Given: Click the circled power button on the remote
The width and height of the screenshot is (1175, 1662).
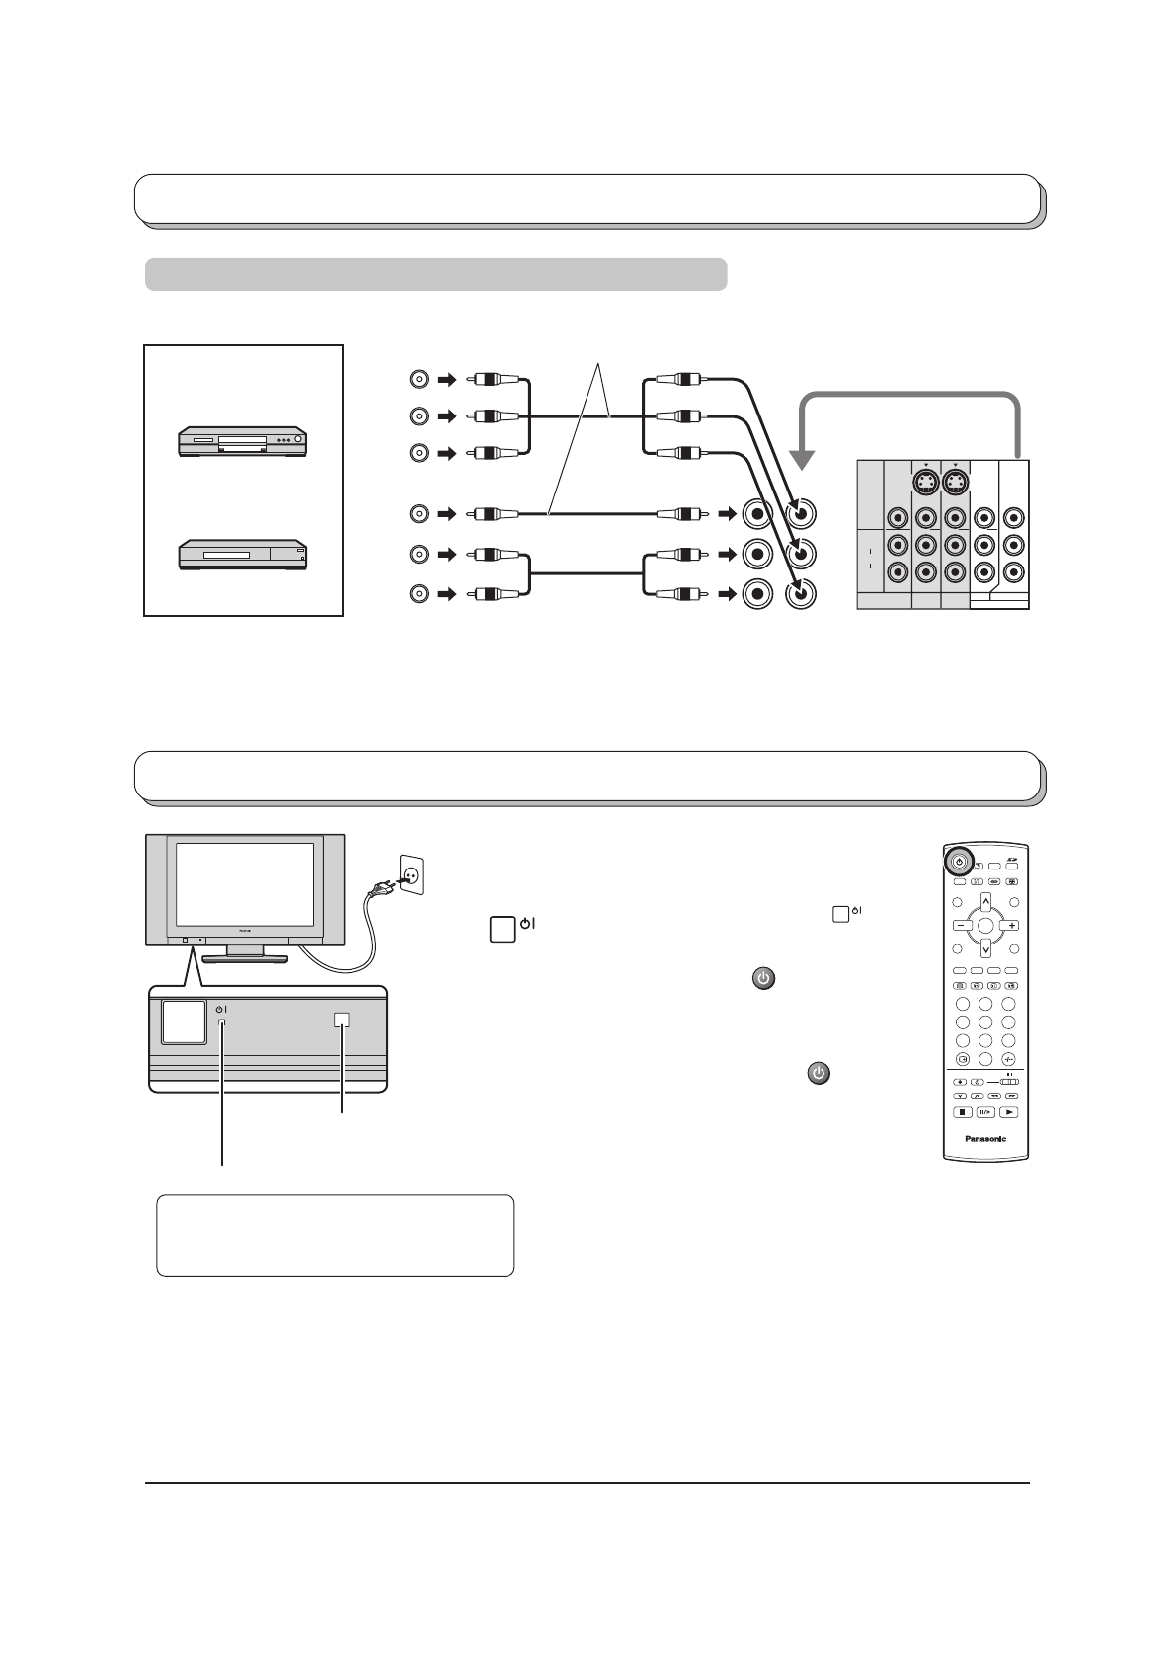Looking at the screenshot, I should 959,862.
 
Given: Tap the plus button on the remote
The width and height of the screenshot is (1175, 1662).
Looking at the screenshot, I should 1013,926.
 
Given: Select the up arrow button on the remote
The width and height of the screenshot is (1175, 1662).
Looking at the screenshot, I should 985,900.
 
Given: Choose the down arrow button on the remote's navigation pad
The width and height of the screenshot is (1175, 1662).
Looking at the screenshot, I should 985,950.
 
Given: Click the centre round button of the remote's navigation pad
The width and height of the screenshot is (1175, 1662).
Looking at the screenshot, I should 985,926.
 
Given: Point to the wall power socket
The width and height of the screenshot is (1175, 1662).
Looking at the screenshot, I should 411,871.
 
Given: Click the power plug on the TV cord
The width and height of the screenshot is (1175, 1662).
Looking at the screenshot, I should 378,894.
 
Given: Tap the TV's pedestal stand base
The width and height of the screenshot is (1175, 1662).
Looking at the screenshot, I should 244,956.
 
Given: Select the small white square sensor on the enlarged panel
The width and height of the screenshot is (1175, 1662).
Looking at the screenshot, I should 342,1021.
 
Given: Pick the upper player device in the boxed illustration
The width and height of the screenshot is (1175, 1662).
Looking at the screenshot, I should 243,440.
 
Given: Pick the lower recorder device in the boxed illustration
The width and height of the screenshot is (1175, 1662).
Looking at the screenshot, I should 243,555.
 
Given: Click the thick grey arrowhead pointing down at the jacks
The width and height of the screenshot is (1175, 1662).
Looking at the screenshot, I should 805,460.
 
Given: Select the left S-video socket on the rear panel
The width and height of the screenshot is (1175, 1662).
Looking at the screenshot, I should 925,484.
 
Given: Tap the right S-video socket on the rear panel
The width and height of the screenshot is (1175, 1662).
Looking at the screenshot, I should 955,484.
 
